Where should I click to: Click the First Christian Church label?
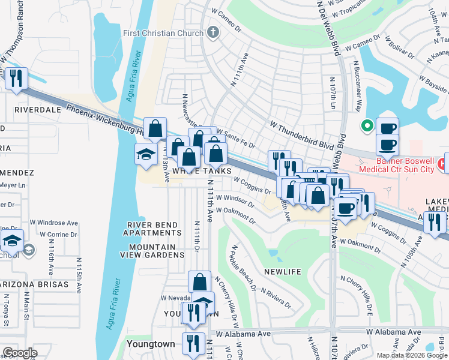tap(163, 33)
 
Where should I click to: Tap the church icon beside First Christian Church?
tap(212, 32)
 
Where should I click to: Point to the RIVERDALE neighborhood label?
tap(38, 110)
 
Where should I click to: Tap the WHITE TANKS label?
tap(202, 171)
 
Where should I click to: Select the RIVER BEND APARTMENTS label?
tap(152, 229)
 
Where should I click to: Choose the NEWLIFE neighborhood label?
tap(282, 272)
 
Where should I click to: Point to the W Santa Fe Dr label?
tap(236, 137)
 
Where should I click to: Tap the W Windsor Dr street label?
tap(239, 199)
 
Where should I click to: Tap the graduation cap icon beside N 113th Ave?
tap(146, 154)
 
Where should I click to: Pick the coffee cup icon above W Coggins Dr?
tap(345, 208)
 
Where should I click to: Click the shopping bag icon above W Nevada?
tap(199, 281)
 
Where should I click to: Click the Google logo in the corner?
tap(20, 353)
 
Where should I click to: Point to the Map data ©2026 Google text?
tap(411, 355)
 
